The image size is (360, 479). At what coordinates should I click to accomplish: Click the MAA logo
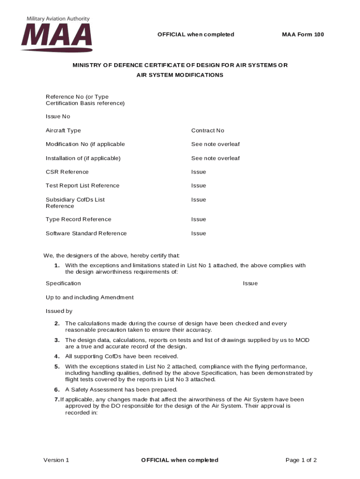56,37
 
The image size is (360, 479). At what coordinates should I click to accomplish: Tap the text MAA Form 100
302,35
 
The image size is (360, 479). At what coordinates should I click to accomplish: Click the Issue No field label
58,116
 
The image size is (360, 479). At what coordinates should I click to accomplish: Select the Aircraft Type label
63,131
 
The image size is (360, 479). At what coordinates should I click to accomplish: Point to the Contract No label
208,131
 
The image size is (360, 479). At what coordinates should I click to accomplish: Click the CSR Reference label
67,172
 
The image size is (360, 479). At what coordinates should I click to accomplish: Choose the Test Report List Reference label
82,186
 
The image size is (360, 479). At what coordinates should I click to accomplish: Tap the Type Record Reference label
78,219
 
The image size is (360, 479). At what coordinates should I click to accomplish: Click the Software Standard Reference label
86,233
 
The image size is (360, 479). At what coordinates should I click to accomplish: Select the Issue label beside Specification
250,283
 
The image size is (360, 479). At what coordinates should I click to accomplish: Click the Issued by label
59,311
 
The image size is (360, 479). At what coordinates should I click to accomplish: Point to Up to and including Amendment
89,298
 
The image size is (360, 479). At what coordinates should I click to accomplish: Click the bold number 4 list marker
57,356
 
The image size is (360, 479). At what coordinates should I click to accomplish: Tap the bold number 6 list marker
57,390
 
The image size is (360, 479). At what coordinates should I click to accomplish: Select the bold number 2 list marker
57,324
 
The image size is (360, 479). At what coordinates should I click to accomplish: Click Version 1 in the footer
56,460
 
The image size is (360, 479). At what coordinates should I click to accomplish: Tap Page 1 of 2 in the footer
301,460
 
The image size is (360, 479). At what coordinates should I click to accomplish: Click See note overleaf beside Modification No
215,144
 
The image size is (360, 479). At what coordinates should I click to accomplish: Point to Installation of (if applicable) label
83,158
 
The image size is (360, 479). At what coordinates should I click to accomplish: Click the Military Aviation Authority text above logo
58,19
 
